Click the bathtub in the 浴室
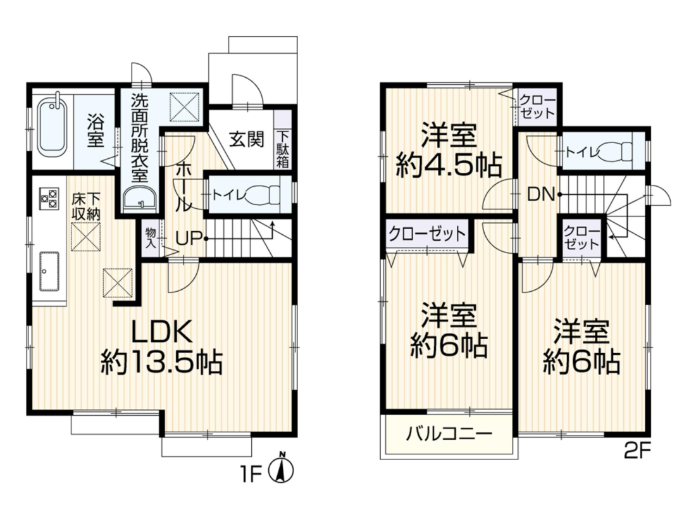coord(53,127)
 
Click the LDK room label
coord(163,331)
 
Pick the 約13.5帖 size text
coord(161,361)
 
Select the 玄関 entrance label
coord(247,139)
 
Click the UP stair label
coord(189,239)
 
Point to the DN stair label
coord(542,194)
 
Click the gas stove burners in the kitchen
coord(49,198)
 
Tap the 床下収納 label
coord(86,206)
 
